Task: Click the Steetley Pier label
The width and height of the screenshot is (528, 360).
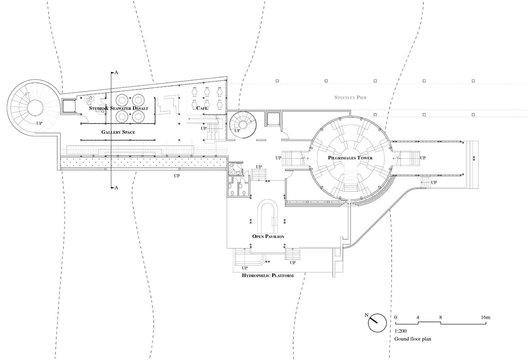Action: pyautogui.click(x=350, y=98)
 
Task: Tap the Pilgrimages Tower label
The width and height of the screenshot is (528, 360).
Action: pyautogui.click(x=350, y=158)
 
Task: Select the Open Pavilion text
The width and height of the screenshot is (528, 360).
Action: pyautogui.click(x=268, y=236)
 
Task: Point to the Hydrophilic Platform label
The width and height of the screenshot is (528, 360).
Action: pyautogui.click(x=268, y=276)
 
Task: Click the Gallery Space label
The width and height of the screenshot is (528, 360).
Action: pyautogui.click(x=118, y=132)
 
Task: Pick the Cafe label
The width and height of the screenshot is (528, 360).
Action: pyautogui.click(x=202, y=108)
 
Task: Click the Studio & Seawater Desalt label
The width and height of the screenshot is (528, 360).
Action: pyautogui.click(x=119, y=108)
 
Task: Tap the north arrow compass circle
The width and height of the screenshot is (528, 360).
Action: pyautogui.click(x=377, y=323)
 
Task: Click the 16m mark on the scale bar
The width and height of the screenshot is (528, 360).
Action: pyautogui.click(x=485, y=317)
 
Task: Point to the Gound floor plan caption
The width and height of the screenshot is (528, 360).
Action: pyautogui.click(x=413, y=339)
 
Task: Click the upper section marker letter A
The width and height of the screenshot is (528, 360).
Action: pyautogui.click(x=116, y=72)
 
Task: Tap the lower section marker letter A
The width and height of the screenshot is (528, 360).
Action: pyautogui.click(x=116, y=188)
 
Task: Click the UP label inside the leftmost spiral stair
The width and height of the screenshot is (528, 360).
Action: pyautogui.click(x=39, y=123)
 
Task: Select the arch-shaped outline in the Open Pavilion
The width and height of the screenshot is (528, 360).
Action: pyautogui.click(x=267, y=216)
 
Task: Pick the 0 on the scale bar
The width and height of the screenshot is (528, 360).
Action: pyautogui.click(x=396, y=317)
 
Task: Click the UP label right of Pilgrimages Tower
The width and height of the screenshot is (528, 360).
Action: pyautogui.click(x=423, y=158)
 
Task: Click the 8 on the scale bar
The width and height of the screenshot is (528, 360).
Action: pyautogui.click(x=441, y=317)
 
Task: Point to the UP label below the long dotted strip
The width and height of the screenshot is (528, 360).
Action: pyautogui.click(x=177, y=176)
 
